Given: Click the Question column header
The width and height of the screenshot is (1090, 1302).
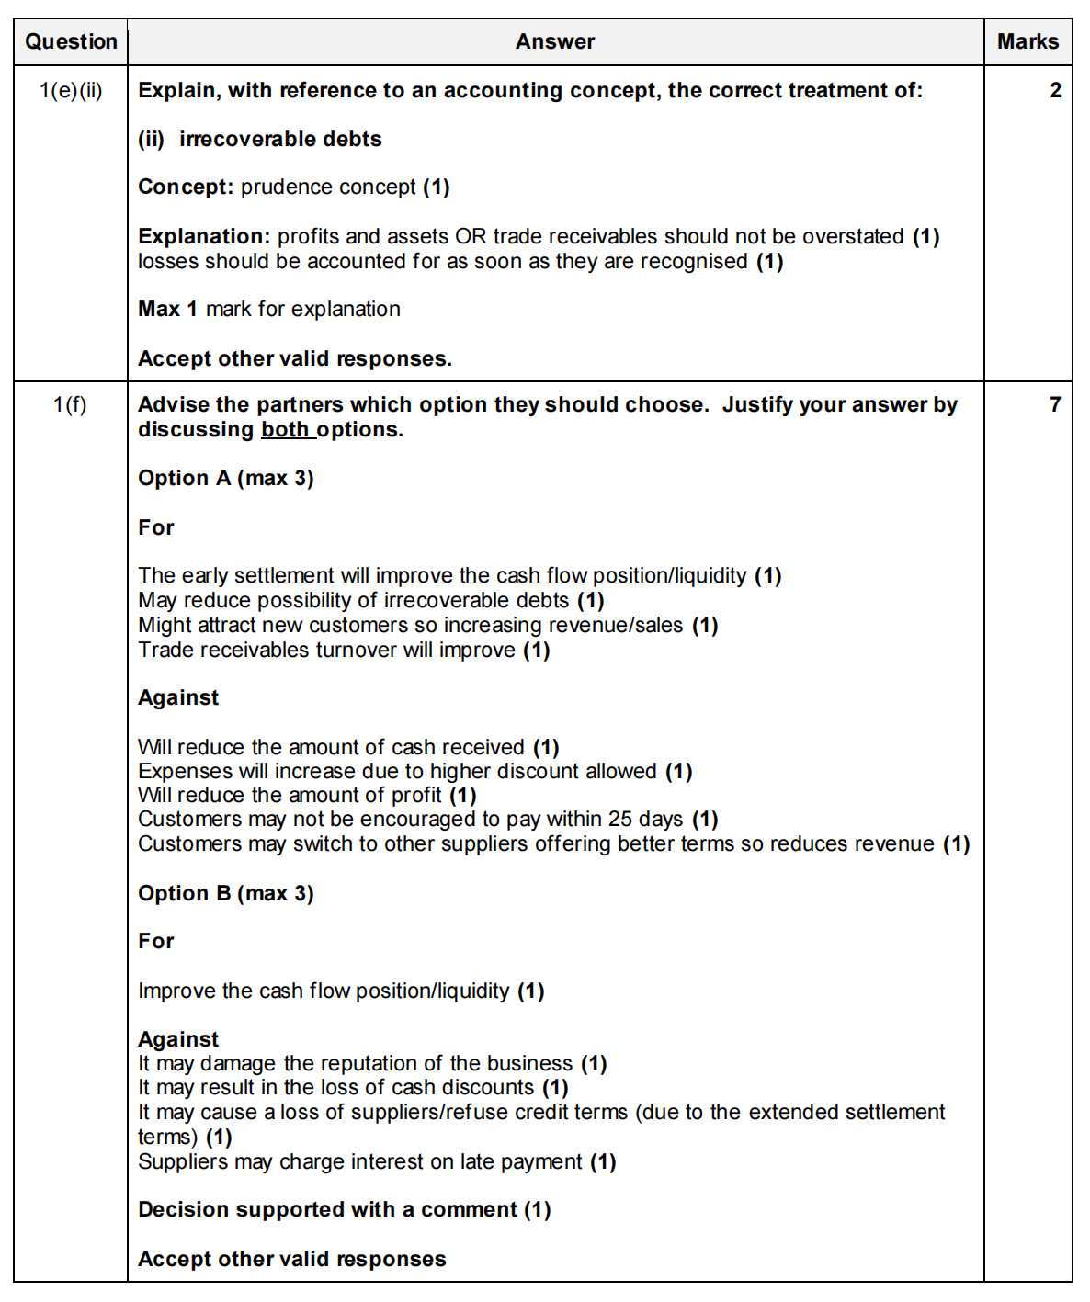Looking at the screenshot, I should [71, 42].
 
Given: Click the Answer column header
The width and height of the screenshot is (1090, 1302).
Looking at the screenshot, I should [555, 42].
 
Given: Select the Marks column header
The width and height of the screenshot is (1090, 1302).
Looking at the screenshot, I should [1028, 42].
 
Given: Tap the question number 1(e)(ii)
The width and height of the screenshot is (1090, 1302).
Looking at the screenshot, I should [71, 91].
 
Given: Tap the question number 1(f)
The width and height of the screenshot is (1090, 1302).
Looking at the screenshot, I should [70, 405].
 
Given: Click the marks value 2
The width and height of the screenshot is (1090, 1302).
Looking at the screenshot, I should [1055, 91].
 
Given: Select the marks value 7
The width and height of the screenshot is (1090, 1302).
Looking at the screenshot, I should [1055, 405].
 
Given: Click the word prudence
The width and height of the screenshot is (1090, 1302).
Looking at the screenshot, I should [280, 187].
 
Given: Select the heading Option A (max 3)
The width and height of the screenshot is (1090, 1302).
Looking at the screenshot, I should [225, 479].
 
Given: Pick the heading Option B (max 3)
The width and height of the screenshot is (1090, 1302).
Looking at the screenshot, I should [225, 894].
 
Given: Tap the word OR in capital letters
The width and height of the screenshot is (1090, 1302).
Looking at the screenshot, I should [471, 237].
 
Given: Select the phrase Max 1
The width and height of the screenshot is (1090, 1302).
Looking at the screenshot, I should [167, 310].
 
